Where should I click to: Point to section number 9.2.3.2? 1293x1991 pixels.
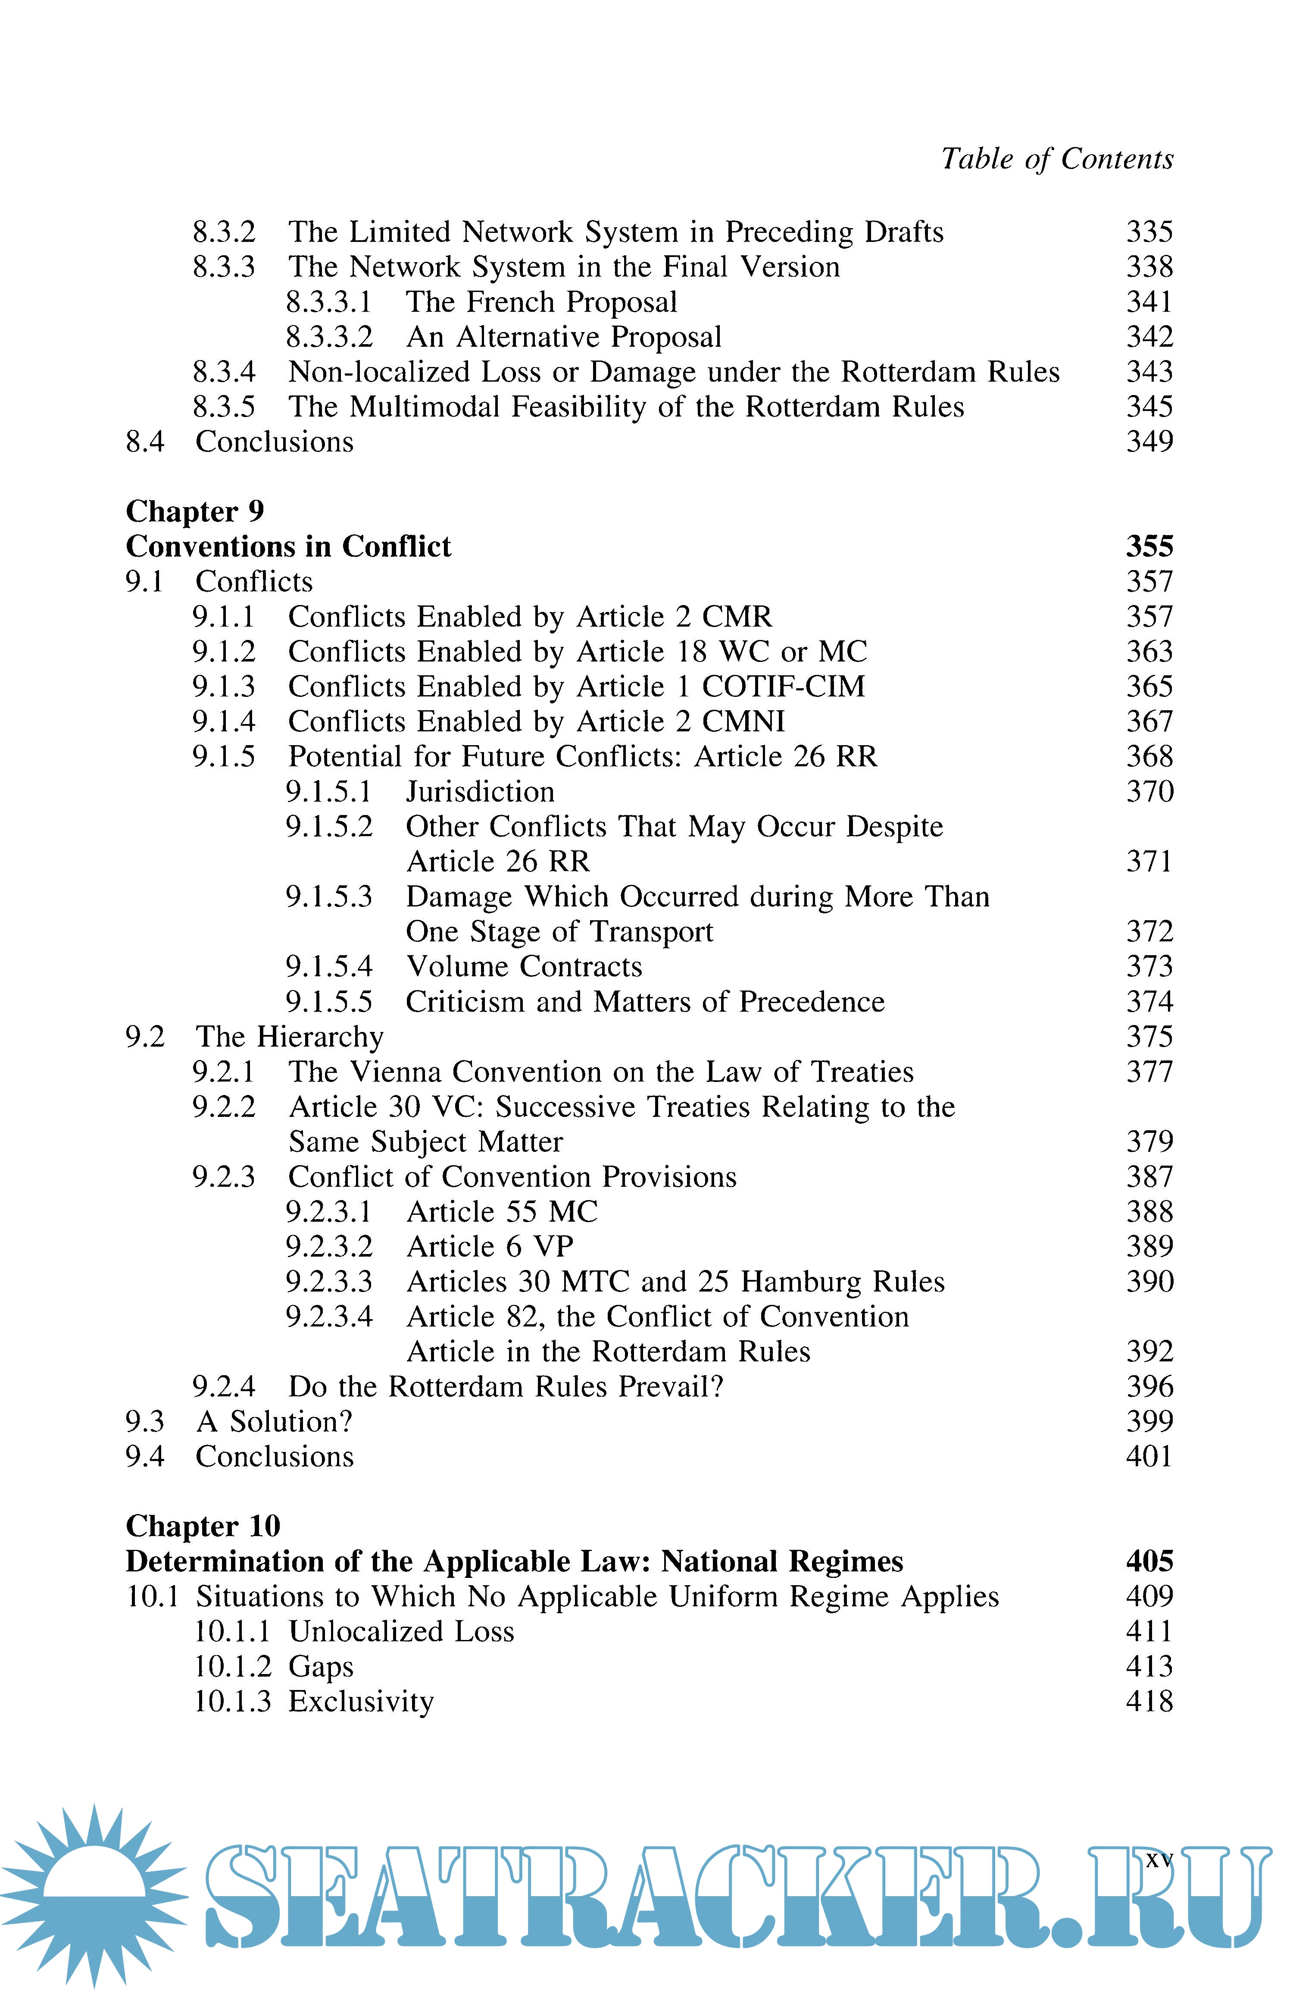coord(329,1246)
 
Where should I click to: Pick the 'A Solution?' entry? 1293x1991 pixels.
coord(274,1421)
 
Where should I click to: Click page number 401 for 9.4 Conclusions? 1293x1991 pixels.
coord(1149,1456)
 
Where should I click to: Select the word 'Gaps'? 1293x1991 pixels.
coord(321,1666)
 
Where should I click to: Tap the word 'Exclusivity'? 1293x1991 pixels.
coord(361,1702)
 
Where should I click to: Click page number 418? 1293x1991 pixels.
coord(1149,1702)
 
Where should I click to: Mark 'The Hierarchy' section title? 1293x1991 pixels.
coord(289,1037)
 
